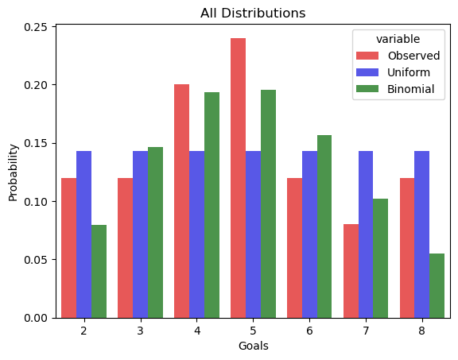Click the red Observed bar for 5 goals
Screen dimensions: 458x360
pos(238,178)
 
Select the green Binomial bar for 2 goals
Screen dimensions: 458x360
pos(99,272)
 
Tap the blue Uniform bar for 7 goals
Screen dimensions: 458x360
pos(366,234)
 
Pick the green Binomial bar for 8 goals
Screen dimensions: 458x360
pos(437,286)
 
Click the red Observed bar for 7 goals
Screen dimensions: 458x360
pos(351,271)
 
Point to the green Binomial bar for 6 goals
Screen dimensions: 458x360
pos(324,226)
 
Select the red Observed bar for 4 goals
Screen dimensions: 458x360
pos(181,201)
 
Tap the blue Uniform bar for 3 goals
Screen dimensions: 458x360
pos(141,234)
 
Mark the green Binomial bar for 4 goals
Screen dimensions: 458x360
pos(212,205)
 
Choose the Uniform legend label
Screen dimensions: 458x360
pos(409,72)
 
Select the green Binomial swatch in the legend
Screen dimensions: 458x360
pos(367,89)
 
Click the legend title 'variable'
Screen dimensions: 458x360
pos(398,39)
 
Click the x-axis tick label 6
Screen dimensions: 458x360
pos(309,331)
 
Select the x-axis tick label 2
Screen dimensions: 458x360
pos(83,331)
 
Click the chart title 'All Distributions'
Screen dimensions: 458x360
pos(253,14)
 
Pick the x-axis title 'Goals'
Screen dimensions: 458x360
pos(253,346)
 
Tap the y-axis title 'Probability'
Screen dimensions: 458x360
pos(14,172)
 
